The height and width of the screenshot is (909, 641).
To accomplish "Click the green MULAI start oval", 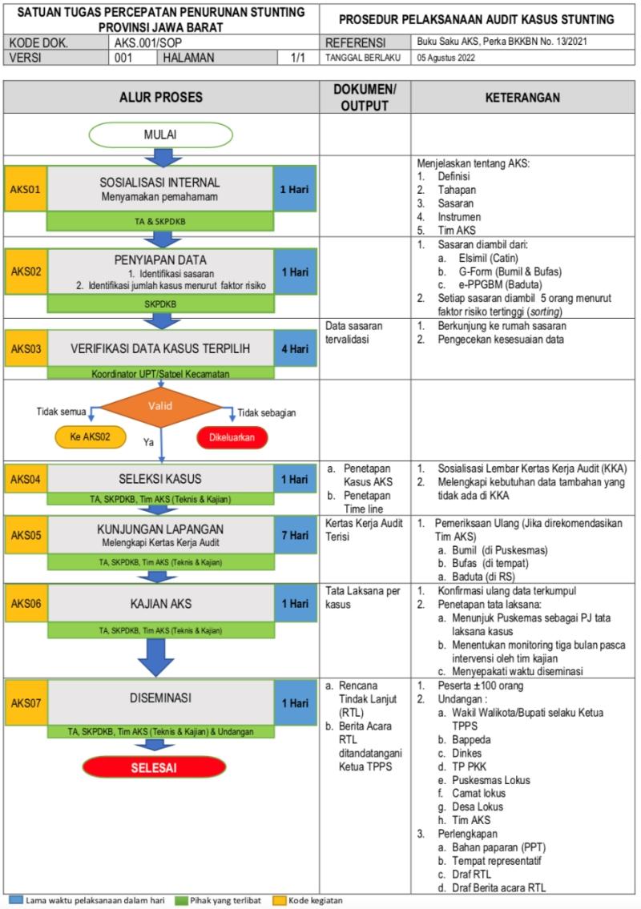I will tap(160, 134).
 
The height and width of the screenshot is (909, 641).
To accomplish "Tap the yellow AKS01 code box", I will tap(25, 191).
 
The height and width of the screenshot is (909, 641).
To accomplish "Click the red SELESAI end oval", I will tap(160, 768).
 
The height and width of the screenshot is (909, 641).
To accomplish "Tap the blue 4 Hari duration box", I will tap(296, 349).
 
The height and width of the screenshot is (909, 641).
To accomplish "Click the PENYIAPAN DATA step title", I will tap(160, 259).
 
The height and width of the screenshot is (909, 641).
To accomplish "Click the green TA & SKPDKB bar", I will tap(160, 221).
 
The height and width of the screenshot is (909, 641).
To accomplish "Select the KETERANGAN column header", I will tap(524, 97).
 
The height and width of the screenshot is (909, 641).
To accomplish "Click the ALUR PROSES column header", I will tap(161, 97).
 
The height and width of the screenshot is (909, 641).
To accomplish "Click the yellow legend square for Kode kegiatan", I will tap(280, 900).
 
